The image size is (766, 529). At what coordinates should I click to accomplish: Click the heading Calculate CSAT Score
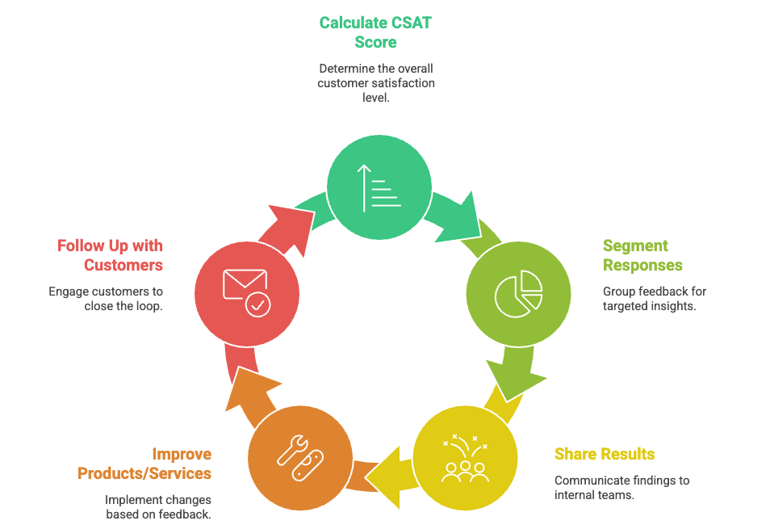(375, 32)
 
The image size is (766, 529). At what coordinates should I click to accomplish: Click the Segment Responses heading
(643, 255)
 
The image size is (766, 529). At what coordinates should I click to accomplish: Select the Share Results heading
(604, 454)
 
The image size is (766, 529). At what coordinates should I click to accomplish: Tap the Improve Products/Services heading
(144, 464)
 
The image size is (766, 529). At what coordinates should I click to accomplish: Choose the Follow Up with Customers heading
(110, 255)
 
